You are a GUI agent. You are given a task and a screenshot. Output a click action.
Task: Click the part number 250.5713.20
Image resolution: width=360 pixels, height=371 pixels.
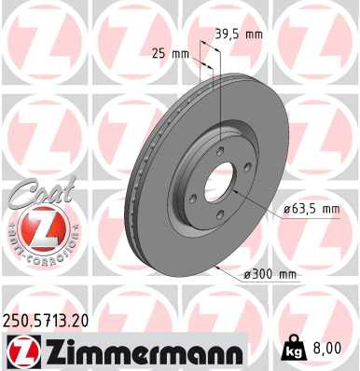(x=49, y=320)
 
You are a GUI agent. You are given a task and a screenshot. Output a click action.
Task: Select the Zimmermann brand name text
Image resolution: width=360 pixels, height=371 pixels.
(x=134, y=351)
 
